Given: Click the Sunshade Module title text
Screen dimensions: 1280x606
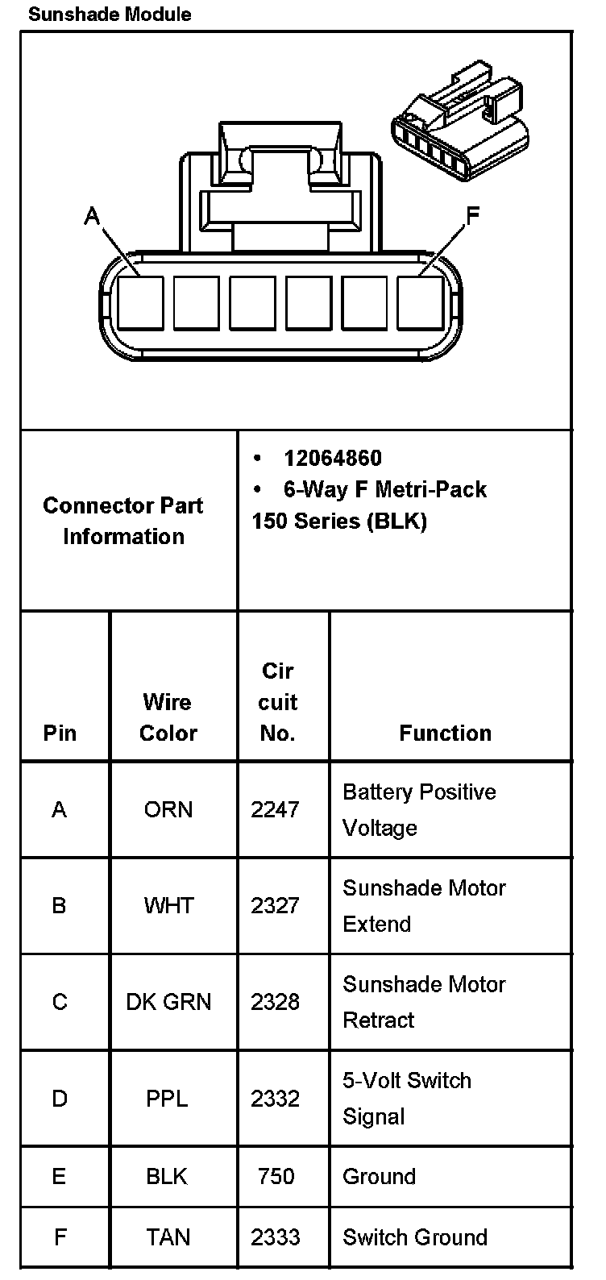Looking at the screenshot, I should (x=110, y=15).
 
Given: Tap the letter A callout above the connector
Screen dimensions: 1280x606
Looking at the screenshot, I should (x=93, y=216).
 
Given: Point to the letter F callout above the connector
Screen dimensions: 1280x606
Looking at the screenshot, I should (x=473, y=214).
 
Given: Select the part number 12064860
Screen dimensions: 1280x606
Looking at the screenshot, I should (x=332, y=459).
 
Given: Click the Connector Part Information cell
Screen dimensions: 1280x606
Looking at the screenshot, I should (x=123, y=521).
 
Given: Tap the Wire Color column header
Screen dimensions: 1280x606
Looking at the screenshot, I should (x=168, y=717).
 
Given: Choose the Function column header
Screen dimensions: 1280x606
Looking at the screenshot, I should (x=445, y=733).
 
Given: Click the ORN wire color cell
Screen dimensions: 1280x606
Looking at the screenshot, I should (x=168, y=809).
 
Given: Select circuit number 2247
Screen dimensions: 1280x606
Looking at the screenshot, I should (x=275, y=809).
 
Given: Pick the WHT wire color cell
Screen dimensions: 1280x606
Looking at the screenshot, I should (x=168, y=905).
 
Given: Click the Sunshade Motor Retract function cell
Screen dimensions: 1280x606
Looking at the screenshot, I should (x=424, y=1002).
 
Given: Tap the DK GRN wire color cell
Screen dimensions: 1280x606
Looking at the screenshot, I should (x=168, y=1002).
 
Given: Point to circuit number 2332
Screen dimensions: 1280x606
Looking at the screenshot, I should (x=275, y=1099).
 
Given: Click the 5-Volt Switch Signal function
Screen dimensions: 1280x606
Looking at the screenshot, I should (x=406, y=1098).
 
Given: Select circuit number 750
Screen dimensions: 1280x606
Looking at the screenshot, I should (x=276, y=1176).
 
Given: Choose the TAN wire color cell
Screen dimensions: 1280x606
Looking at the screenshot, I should (x=168, y=1237).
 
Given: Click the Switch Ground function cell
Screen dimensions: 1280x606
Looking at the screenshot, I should (x=415, y=1237).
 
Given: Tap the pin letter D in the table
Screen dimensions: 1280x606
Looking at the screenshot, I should (x=60, y=1099).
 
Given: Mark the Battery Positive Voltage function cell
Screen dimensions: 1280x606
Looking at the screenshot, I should (x=419, y=809).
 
